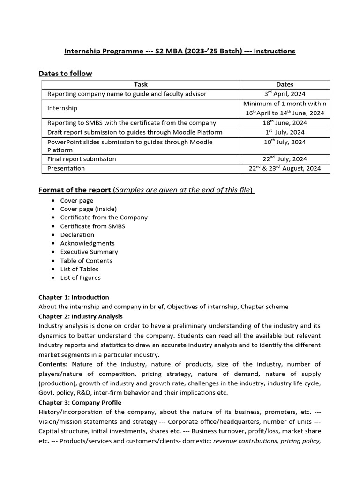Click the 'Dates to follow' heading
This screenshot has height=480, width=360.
click(65, 74)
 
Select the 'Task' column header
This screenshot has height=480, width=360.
click(141, 84)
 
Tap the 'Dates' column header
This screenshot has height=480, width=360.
click(285, 84)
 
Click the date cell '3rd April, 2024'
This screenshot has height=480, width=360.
click(285, 94)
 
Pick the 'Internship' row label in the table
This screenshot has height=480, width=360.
click(62, 108)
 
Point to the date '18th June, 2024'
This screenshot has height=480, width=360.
click(285, 123)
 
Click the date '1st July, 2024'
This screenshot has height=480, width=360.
click(285, 132)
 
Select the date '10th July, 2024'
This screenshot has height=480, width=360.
click(285, 142)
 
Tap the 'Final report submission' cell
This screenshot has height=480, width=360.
click(82, 159)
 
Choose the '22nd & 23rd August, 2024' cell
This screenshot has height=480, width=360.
click(285, 168)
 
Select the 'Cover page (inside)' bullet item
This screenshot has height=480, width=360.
click(89, 209)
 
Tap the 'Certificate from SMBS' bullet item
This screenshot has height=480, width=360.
click(93, 226)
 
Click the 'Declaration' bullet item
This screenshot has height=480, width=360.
click(77, 234)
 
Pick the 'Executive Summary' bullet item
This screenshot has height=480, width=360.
click(89, 252)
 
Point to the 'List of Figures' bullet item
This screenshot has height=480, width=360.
click(81, 277)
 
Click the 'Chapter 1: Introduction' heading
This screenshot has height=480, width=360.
click(74, 297)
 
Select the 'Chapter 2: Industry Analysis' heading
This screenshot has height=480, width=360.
click(80, 316)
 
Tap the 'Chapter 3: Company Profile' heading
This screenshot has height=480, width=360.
click(80, 403)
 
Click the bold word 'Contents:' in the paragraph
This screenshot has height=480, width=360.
click(53, 364)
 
